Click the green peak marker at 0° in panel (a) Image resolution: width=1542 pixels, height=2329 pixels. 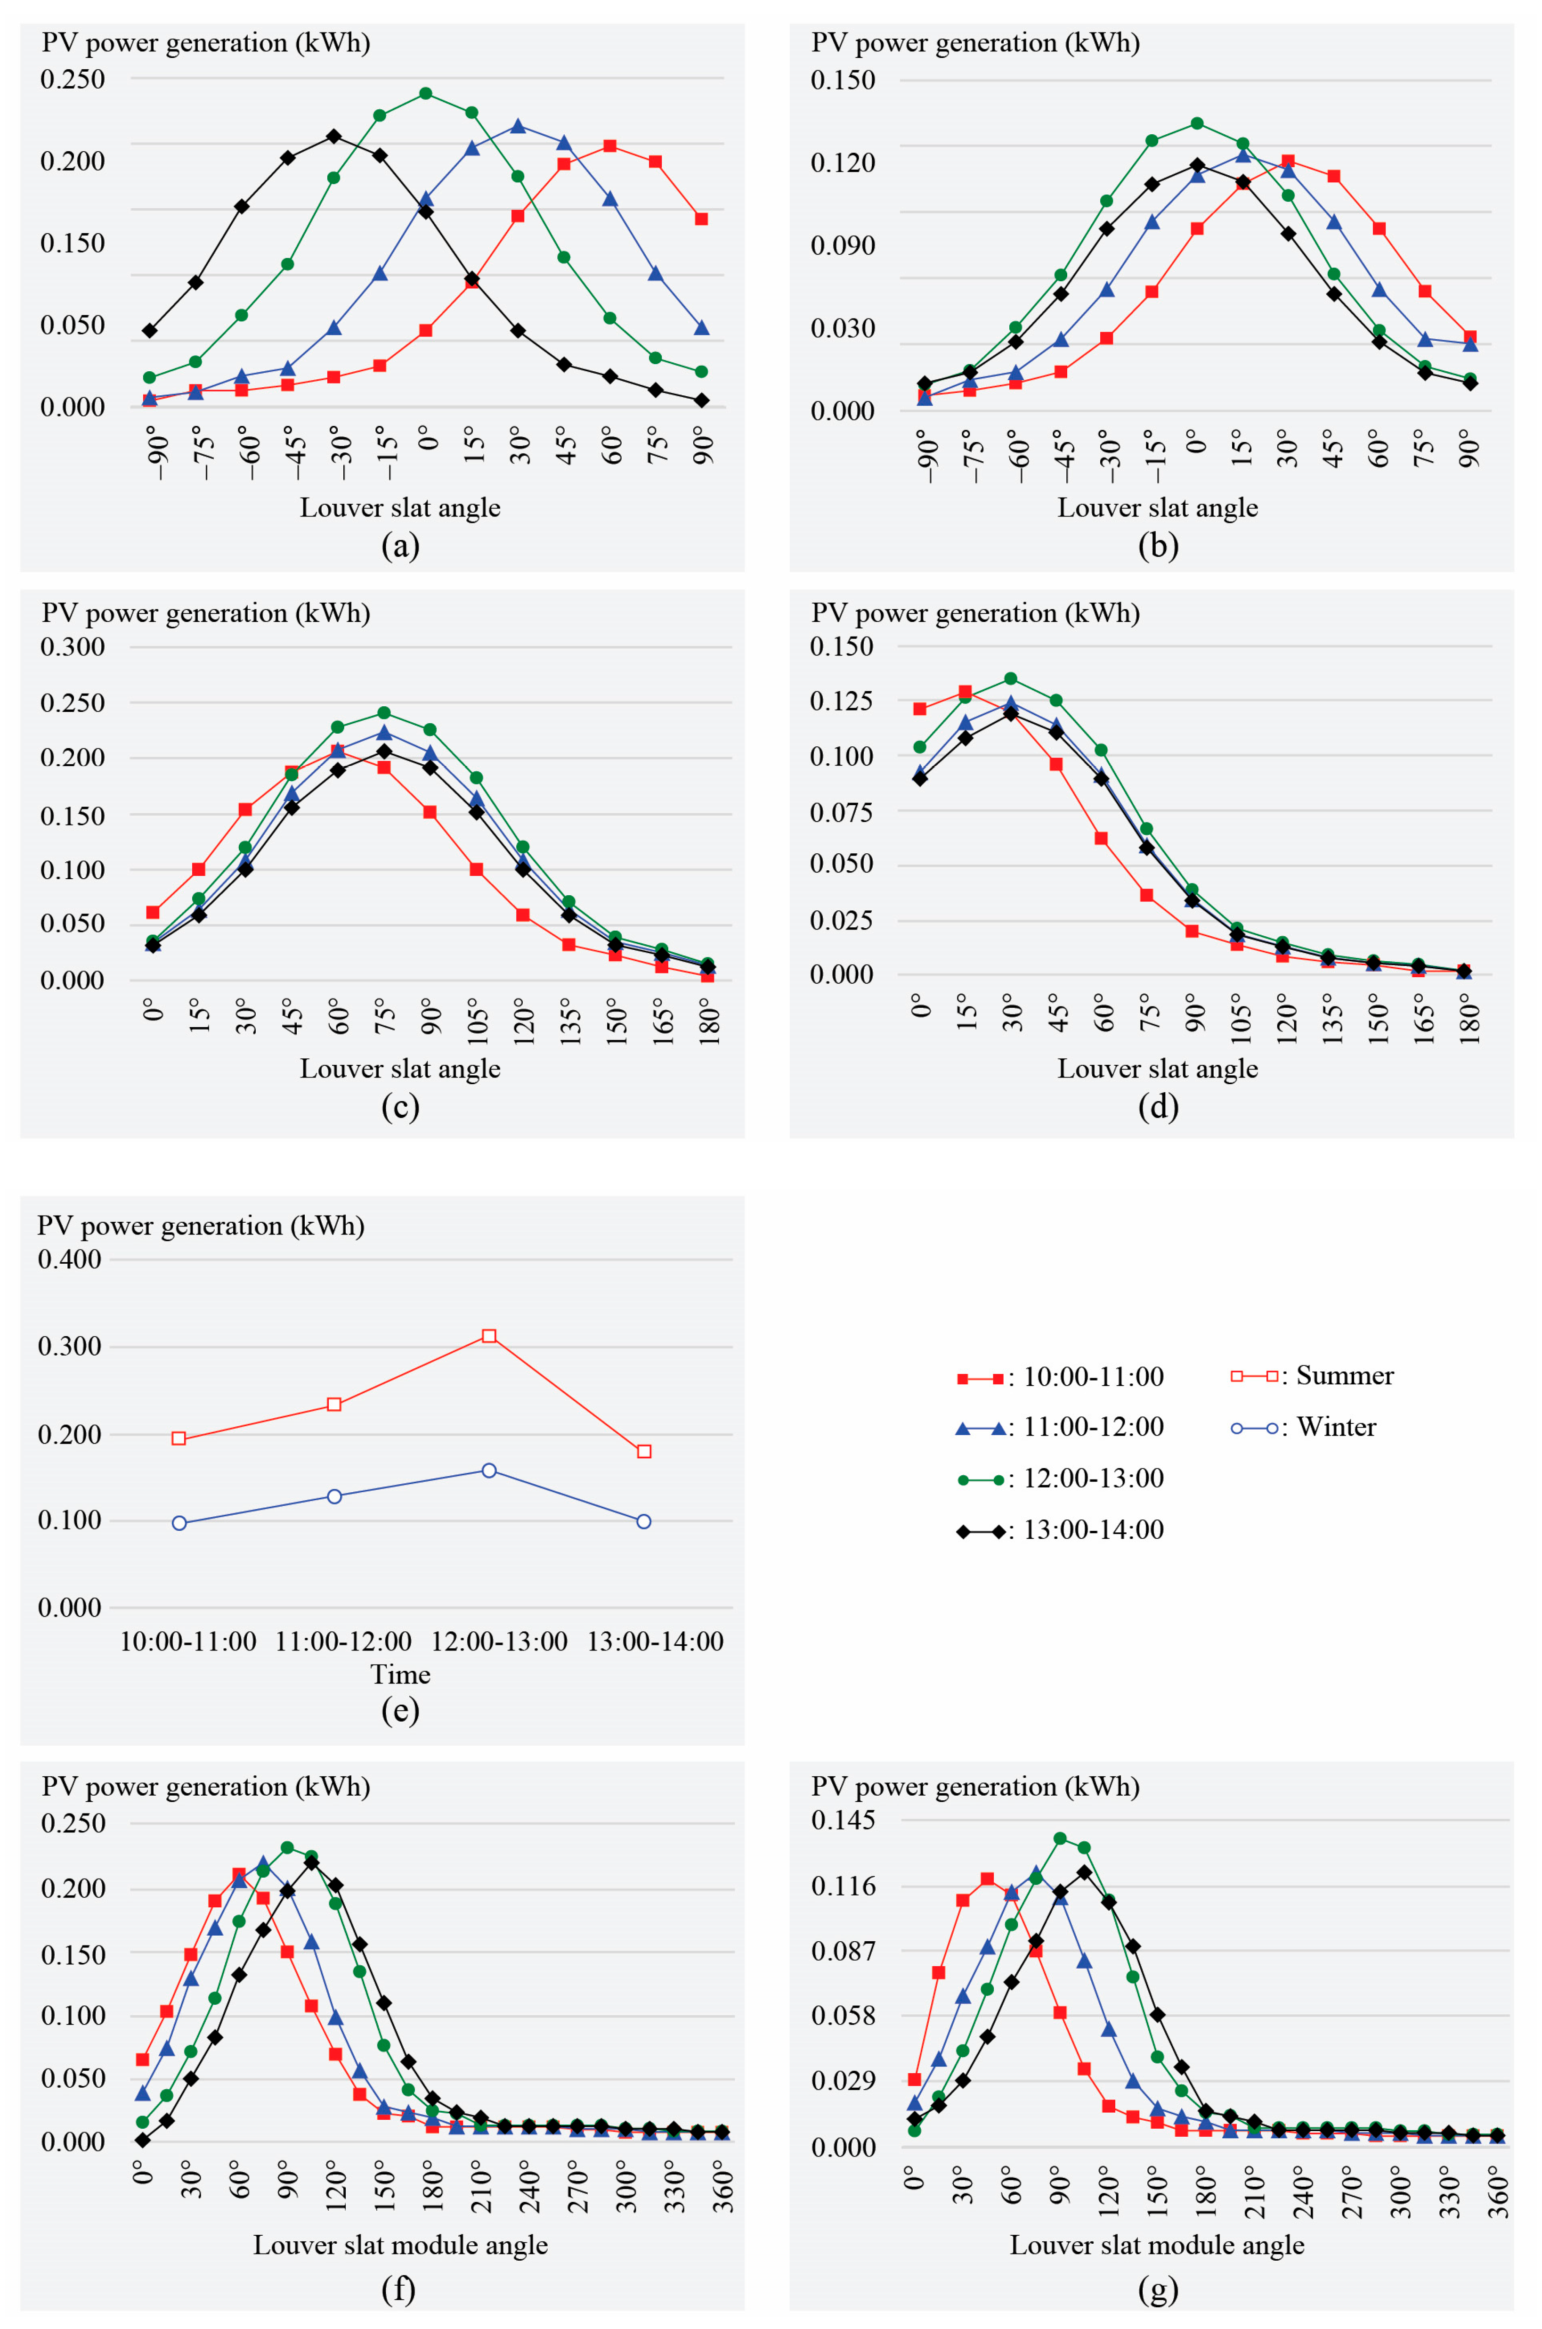pos(426,93)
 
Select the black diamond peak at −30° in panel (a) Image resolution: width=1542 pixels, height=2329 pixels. pos(333,136)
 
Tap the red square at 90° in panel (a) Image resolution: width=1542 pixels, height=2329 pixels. pos(701,218)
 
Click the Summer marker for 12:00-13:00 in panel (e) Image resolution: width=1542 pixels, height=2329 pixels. pos(489,1336)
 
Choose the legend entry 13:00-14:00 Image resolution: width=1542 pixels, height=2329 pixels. pos(1060,1529)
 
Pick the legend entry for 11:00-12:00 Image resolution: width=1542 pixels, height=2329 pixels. pos(1060,1427)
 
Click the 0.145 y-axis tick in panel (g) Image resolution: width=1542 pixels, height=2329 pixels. pos(843,1821)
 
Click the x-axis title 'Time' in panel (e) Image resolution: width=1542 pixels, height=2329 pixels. pos(400,1674)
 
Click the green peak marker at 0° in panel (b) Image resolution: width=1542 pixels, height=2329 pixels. pos(1197,123)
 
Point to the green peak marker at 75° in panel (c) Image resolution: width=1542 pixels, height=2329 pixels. pos(383,712)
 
